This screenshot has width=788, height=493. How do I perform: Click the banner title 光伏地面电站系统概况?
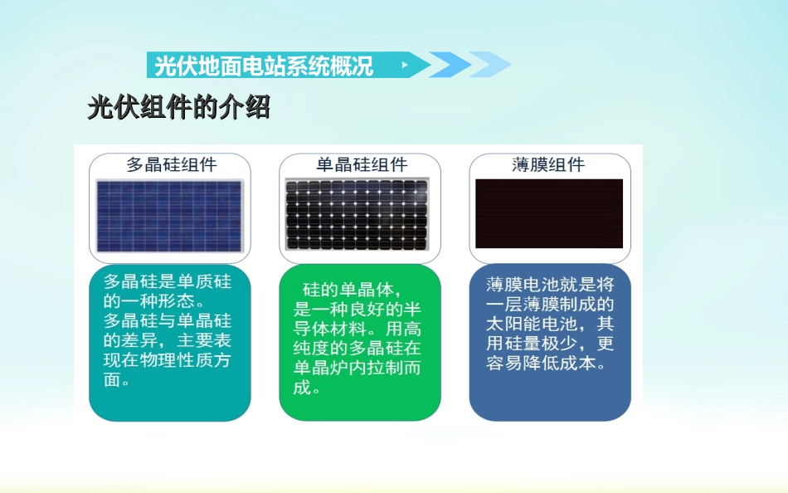pyautogui.click(x=264, y=66)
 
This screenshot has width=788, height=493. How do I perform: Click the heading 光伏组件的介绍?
pyautogui.click(x=179, y=108)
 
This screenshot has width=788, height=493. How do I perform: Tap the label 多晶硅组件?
pyautogui.click(x=171, y=164)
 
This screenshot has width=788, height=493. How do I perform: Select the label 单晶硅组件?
pyautogui.click(x=361, y=164)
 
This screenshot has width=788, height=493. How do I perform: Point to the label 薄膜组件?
pyautogui.click(x=548, y=164)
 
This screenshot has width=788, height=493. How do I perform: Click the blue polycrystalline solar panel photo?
pyautogui.click(x=169, y=215)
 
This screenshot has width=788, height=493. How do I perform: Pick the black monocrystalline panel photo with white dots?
pyautogui.click(x=358, y=214)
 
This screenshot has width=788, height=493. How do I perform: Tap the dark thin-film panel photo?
pyautogui.click(x=549, y=213)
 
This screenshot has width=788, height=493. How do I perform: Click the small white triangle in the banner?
pyautogui.click(x=405, y=65)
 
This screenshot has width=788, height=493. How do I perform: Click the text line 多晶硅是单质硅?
pyautogui.click(x=168, y=281)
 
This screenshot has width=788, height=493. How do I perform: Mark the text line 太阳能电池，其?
pyautogui.click(x=550, y=324)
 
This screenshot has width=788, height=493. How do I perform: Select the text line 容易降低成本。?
pyautogui.click(x=550, y=364)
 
